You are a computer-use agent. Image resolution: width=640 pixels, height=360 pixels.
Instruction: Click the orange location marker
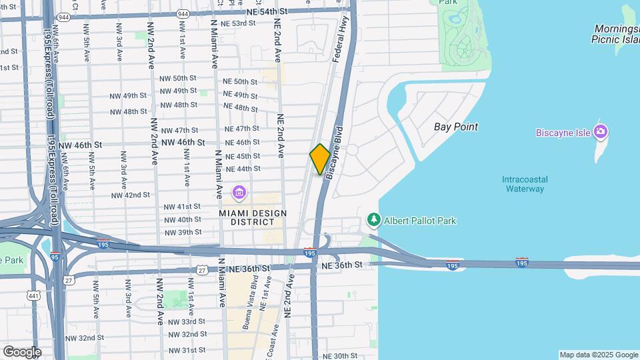point(320,159)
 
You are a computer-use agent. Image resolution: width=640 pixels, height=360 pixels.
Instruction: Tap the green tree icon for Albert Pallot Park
point(374,219)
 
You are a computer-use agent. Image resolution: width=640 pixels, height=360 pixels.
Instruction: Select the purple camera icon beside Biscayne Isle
point(601,131)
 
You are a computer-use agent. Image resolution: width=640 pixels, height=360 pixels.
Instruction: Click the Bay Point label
point(455,127)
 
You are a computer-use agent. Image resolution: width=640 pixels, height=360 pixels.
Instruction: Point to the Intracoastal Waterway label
point(523,183)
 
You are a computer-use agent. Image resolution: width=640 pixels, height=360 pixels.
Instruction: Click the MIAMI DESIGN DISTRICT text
point(253,217)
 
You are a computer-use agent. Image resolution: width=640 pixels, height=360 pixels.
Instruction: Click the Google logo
point(21,351)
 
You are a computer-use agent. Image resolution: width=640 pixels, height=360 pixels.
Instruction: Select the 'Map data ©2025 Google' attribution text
point(598,355)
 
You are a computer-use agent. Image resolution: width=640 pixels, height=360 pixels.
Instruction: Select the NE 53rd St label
point(238,23)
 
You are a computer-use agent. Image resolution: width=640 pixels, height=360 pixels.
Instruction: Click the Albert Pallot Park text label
point(420,220)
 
